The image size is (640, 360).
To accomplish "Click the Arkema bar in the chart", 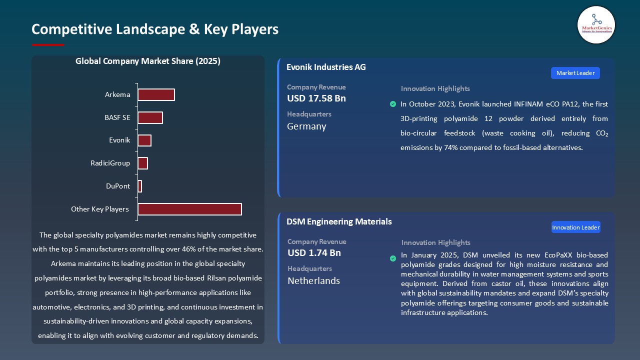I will pyautogui.click(x=156, y=94).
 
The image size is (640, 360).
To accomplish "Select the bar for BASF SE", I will pyautogui.click(x=150, y=117).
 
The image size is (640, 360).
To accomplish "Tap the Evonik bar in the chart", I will pyautogui.click(x=144, y=140).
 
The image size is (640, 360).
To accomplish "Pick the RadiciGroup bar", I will pyautogui.click(x=142, y=163).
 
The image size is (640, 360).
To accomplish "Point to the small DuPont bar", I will pyautogui.click(x=140, y=186).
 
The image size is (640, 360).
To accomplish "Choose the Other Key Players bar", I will pyautogui.click(x=189, y=209).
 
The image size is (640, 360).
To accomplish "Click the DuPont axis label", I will pyautogui.click(x=118, y=186).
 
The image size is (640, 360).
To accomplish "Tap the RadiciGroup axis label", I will pyautogui.click(x=110, y=163).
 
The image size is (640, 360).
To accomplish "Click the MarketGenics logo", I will pyautogui.click(x=596, y=25).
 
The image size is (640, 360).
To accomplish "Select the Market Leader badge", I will pyautogui.click(x=575, y=73).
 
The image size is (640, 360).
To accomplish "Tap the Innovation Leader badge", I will pyautogui.click(x=575, y=227).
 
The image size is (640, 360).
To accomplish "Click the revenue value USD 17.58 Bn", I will pyautogui.click(x=316, y=98).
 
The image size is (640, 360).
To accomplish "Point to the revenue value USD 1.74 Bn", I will pyautogui.click(x=314, y=253).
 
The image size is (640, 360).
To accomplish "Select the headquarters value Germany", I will pyautogui.click(x=306, y=126).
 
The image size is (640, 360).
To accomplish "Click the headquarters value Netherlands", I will pyautogui.click(x=313, y=281).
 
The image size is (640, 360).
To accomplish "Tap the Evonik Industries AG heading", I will pyautogui.click(x=326, y=67).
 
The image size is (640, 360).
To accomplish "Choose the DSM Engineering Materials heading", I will pyautogui.click(x=339, y=221).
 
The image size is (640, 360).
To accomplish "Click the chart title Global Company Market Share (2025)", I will pyautogui.click(x=148, y=61).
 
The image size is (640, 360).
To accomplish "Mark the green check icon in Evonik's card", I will pyautogui.click(x=393, y=104).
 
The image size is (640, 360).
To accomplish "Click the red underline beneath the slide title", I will pyautogui.click(x=48, y=45).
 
